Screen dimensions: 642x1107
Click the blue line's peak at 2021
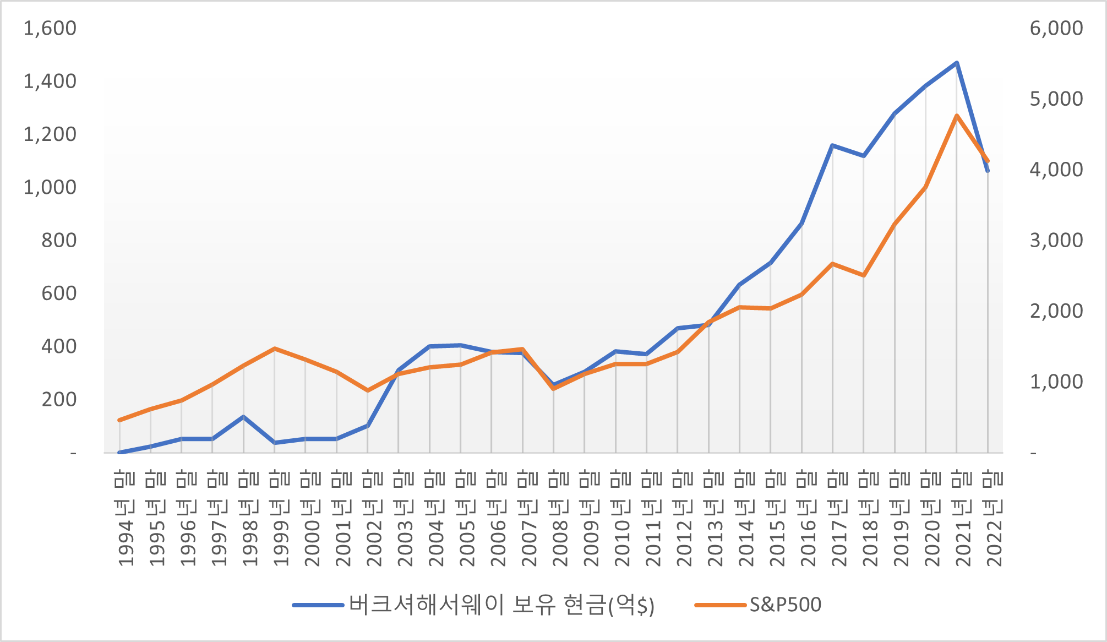point(957,63)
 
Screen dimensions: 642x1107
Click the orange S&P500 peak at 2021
point(957,116)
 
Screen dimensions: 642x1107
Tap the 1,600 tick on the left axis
point(50,28)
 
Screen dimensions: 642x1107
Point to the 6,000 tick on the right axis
point(1056,28)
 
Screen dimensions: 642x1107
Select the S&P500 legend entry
point(785,605)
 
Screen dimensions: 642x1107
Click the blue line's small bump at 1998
point(243,417)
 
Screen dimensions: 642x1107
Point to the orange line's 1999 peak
point(274,349)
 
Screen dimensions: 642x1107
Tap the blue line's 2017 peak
point(832,145)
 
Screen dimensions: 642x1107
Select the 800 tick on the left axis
point(59,240)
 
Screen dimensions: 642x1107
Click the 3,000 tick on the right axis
point(1056,240)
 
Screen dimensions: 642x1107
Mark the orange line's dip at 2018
point(864,275)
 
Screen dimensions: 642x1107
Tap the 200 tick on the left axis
point(59,399)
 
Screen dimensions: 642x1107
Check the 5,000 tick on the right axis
point(1056,99)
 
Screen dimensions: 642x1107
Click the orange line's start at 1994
point(119,420)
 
